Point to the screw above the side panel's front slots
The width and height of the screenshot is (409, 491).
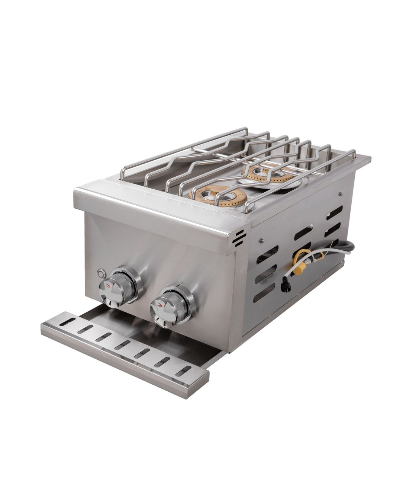tap(262, 239)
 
